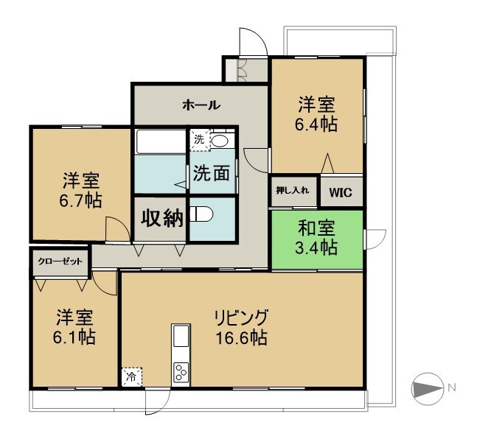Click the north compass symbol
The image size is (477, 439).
427,389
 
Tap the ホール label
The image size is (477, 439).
201,105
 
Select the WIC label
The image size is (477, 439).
341,192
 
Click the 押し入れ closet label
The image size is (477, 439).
293,191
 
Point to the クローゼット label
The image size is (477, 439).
60,261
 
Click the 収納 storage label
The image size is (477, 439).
162,218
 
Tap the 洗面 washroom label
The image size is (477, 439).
212,173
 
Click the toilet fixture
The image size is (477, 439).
201,214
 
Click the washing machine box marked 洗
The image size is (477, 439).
200,140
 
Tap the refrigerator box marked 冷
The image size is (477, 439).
132,377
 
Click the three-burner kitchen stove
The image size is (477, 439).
181,373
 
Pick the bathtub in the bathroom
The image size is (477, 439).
161,141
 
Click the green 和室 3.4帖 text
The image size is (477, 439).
316,238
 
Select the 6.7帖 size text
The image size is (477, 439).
80,200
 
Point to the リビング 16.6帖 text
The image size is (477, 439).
242,328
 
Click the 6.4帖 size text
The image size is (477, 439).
316,124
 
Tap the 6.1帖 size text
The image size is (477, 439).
74,337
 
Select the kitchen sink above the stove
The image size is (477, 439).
181,336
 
